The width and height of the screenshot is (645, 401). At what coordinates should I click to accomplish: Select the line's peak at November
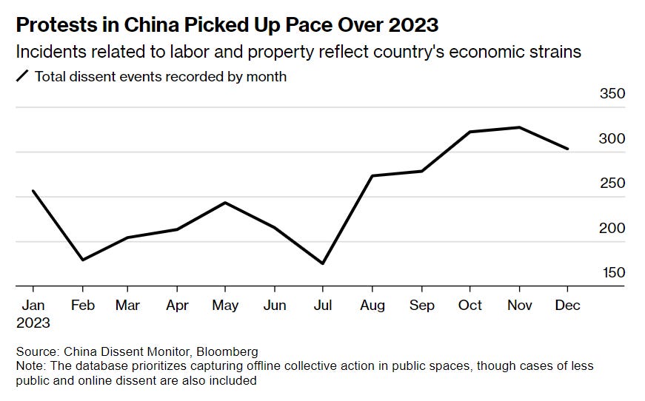[x=519, y=127]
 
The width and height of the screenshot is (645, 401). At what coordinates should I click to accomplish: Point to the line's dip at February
[x=82, y=260]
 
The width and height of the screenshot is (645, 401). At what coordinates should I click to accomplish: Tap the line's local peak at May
[x=225, y=202]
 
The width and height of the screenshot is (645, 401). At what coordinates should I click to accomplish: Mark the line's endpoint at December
[x=568, y=149]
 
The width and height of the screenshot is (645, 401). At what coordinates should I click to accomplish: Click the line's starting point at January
[x=33, y=191]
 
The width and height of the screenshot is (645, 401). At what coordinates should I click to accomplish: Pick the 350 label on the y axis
[x=612, y=94]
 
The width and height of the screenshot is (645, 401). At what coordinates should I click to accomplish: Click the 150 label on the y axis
[x=612, y=272]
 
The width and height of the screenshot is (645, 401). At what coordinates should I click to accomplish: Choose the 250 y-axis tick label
[x=612, y=183]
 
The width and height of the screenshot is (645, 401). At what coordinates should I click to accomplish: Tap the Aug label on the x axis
[x=372, y=305]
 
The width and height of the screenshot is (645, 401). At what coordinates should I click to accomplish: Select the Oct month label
[x=469, y=305]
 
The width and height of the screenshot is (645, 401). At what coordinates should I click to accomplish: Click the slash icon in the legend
[x=22, y=75]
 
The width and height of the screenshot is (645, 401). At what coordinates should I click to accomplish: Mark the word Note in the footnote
[x=29, y=366]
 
